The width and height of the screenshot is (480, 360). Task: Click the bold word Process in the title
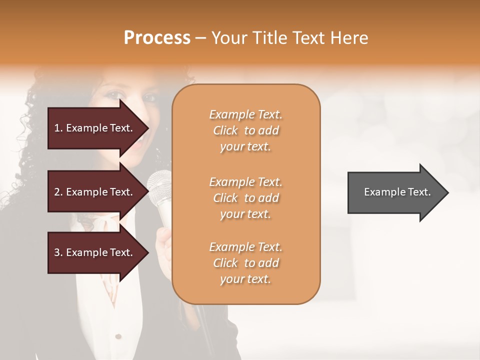pos(157,38)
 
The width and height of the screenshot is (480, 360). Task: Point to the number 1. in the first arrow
pos(58,128)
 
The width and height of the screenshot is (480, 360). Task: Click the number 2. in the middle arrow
pos(58,192)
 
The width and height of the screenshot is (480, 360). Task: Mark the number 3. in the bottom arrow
pos(58,252)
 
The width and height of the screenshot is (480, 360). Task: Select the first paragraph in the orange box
pos(245,130)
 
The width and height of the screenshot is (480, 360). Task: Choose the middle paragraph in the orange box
pos(245,198)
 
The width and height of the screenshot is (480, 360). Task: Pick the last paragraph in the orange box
pos(245,263)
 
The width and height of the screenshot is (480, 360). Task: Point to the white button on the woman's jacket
pos(118,335)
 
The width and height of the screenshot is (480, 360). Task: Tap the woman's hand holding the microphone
pos(163,242)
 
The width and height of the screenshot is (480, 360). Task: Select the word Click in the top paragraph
pos(225,130)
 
